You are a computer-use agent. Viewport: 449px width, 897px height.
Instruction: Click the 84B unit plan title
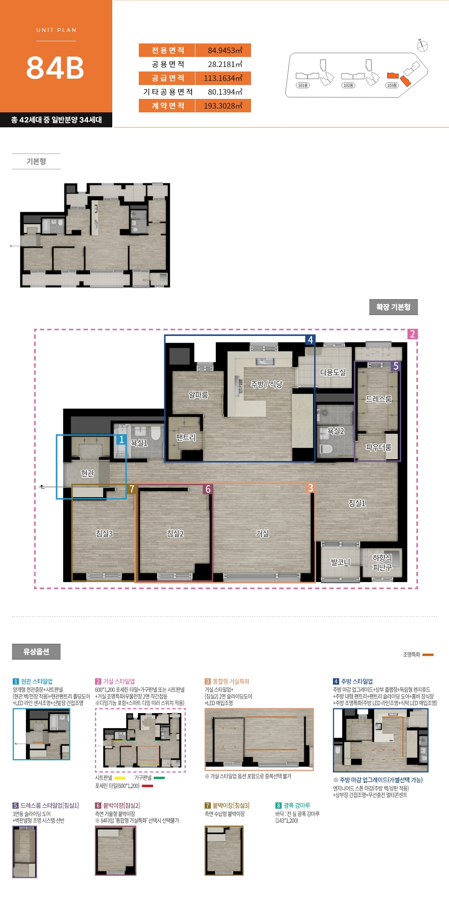55,68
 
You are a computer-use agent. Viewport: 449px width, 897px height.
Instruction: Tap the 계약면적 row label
168,106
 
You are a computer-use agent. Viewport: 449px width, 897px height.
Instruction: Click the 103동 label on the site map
392,85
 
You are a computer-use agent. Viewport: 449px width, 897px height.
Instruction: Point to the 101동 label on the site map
303,85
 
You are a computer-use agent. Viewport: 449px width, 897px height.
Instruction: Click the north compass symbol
422,46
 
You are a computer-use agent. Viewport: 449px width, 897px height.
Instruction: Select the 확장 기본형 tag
394,307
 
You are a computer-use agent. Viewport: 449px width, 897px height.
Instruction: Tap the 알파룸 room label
198,395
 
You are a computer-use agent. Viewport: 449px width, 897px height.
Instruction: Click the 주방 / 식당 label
267,384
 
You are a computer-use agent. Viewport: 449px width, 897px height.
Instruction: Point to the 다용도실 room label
333,372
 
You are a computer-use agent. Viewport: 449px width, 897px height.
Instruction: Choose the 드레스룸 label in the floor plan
379,399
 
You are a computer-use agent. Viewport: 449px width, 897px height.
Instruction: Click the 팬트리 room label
186,437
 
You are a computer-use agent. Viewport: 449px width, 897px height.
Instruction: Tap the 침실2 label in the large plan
175,533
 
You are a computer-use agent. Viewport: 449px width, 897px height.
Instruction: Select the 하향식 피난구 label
382,563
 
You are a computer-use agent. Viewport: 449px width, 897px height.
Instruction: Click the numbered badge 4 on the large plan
310,340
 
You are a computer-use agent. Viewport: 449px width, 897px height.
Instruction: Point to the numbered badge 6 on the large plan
208,489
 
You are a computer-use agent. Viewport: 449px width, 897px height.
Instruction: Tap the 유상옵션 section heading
36,652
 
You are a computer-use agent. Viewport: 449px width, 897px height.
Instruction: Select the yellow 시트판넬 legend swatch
120,778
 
